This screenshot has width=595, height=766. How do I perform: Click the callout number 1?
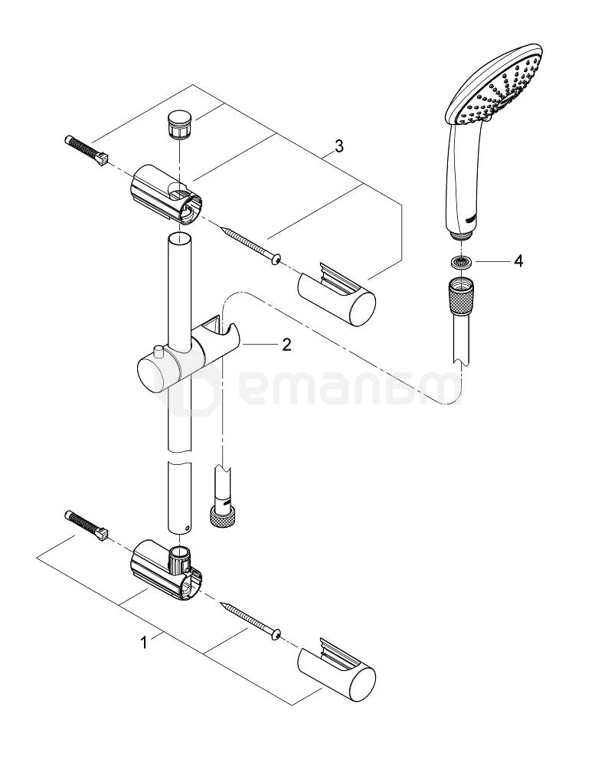point(145,643)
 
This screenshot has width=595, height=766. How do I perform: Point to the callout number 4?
point(518,261)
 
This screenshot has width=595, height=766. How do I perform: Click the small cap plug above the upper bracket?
point(178,124)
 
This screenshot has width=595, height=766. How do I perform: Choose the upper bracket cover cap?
point(337,293)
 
